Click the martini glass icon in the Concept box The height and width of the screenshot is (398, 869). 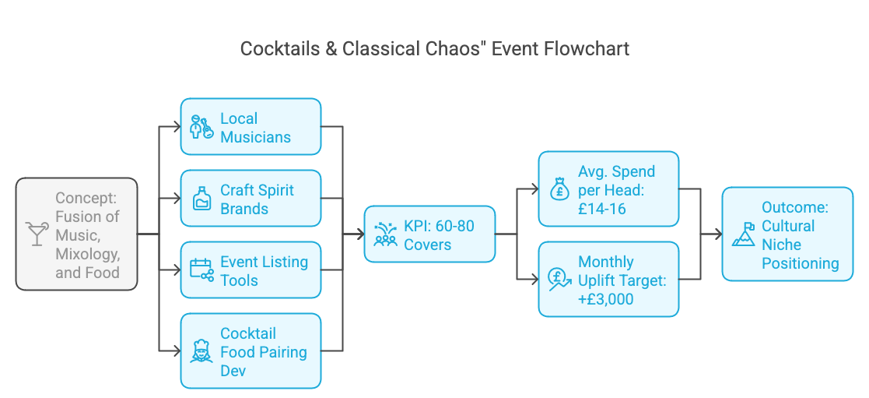point(37,234)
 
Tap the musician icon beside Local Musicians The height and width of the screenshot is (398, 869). point(201,127)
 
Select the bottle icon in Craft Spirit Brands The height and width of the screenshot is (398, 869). point(201,199)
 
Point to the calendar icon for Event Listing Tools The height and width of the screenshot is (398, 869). point(201,270)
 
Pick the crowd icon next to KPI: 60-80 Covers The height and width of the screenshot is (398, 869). point(385,234)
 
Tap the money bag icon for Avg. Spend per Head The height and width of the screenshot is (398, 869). point(559,189)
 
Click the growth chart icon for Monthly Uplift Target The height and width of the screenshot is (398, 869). point(559,280)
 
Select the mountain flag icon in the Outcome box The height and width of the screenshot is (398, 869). point(743,234)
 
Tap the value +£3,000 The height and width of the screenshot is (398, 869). point(606,299)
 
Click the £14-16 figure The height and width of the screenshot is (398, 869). point(602,209)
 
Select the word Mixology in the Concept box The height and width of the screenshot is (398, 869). point(88,254)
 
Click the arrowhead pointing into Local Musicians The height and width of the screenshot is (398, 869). point(177,126)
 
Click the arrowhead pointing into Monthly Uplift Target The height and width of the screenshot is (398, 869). point(535,279)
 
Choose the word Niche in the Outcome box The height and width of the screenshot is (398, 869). point(782,245)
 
